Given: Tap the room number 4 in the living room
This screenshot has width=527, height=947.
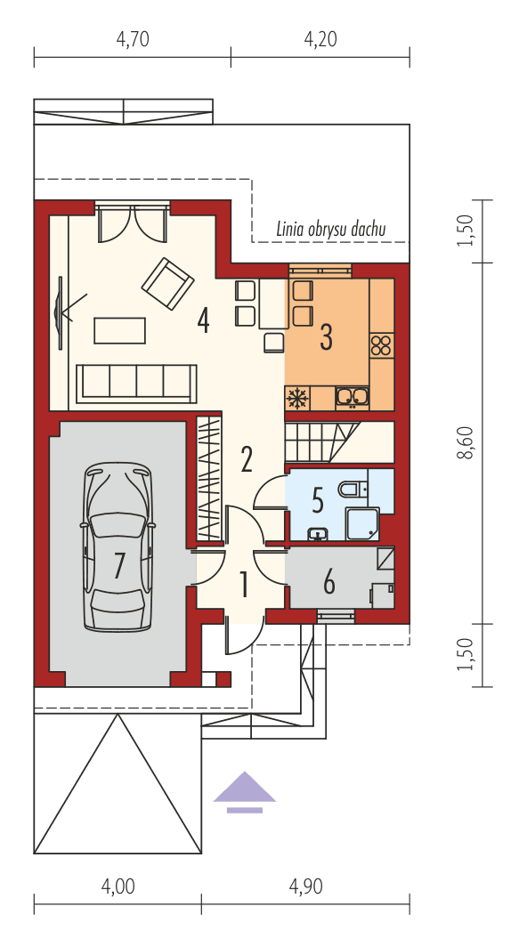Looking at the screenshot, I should click(x=204, y=320).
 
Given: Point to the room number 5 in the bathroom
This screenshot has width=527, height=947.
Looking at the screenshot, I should click(x=318, y=500).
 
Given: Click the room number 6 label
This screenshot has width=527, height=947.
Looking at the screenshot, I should click(x=328, y=583).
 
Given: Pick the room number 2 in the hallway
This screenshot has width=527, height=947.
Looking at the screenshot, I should click(x=247, y=458).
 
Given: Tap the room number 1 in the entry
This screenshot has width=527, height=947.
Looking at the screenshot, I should click(x=242, y=585).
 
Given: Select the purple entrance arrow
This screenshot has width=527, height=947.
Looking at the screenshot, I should click(x=245, y=791).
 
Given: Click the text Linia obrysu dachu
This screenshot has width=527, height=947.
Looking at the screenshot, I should click(x=331, y=230).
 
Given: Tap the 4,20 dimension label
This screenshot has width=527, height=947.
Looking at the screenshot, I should click(x=320, y=39).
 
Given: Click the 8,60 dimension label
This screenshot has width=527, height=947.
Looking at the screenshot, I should click(x=464, y=441).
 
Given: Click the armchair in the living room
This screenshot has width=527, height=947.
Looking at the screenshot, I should click(x=167, y=283).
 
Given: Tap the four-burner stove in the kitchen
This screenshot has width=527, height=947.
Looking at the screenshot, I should click(x=382, y=344).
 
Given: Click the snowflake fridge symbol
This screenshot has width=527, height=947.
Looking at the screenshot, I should click(x=296, y=397).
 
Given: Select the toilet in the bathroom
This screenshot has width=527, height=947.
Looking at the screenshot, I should click(x=353, y=489).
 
